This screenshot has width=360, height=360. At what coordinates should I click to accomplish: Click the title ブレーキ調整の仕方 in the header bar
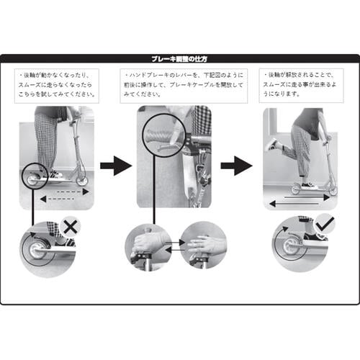[179, 59]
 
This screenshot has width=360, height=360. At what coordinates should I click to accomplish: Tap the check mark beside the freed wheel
[324, 225]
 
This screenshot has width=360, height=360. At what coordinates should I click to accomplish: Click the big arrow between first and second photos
[115, 166]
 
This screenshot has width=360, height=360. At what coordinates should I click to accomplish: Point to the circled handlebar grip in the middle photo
[163, 134]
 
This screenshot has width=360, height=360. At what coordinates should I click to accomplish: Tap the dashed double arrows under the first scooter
[64, 196]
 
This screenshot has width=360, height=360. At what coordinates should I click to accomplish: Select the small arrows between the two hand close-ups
[175, 247]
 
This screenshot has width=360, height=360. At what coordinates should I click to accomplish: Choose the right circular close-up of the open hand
[202, 246]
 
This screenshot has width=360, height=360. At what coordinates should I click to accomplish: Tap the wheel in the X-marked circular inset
[40, 248]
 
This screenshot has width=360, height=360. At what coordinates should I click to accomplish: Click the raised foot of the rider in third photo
[271, 145]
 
